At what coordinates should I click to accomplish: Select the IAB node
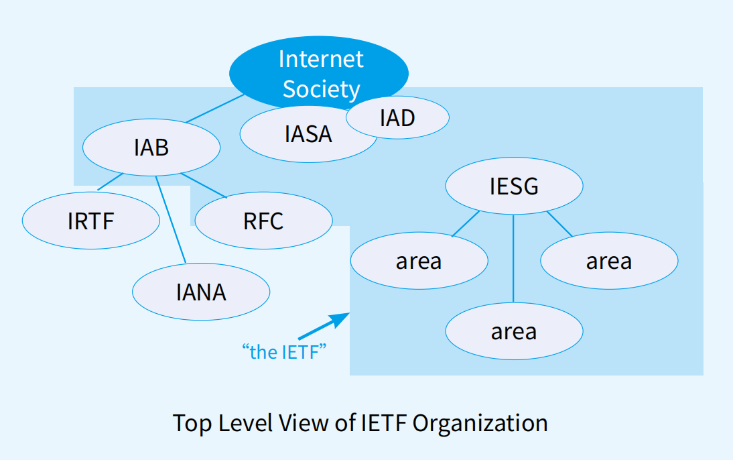pyautogui.click(x=151, y=148)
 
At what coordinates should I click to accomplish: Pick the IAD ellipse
pyautogui.click(x=397, y=118)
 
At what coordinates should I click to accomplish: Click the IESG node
pyautogui.click(x=514, y=186)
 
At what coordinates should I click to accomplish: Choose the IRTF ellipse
pyautogui.click(x=91, y=220)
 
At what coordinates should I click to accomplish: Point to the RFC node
pyautogui.click(x=263, y=220)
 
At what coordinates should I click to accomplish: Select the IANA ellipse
pyautogui.click(x=201, y=292)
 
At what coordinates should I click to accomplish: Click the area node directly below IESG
pyautogui.click(x=514, y=331)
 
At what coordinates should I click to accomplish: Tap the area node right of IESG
pyautogui.click(x=609, y=261)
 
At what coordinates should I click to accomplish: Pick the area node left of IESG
pyautogui.click(x=419, y=261)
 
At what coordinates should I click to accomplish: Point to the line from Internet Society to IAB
pyautogui.click(x=214, y=109)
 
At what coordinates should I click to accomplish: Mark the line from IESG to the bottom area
pyautogui.click(x=514, y=258)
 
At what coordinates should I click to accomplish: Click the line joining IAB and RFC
pyautogui.click(x=204, y=186)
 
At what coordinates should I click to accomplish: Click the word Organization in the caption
pyautogui.click(x=480, y=423)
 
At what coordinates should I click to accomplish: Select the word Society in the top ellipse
pyautogui.click(x=321, y=89)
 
